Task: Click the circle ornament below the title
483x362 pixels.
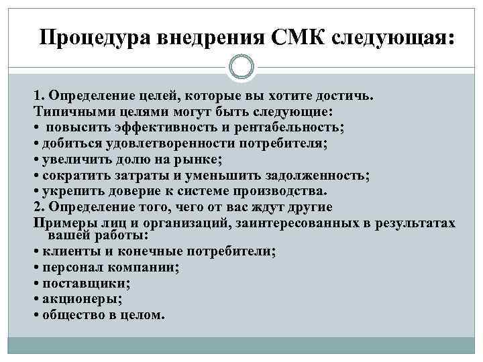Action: coord(241,67)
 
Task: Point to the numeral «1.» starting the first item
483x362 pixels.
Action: coord(38,96)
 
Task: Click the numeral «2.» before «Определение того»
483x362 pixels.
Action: coord(38,206)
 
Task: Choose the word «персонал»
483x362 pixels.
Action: coord(70,267)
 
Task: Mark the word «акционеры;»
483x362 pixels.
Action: coord(76,299)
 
